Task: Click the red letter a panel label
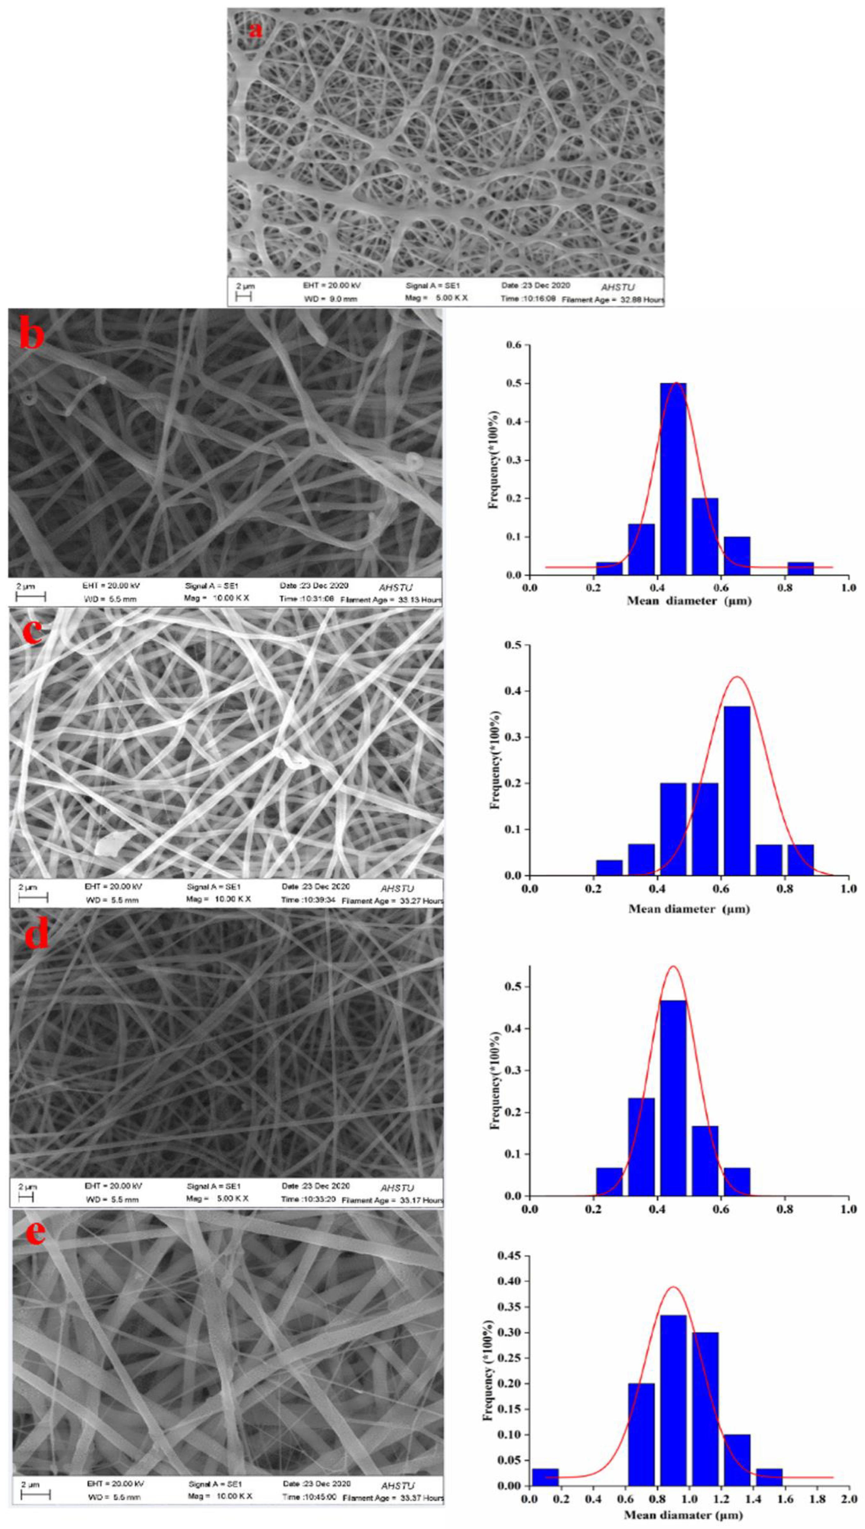(256, 28)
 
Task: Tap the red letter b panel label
(32, 335)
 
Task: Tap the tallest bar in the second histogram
(737, 790)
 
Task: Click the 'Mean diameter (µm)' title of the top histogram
(689, 601)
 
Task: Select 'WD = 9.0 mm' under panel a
(331, 299)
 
